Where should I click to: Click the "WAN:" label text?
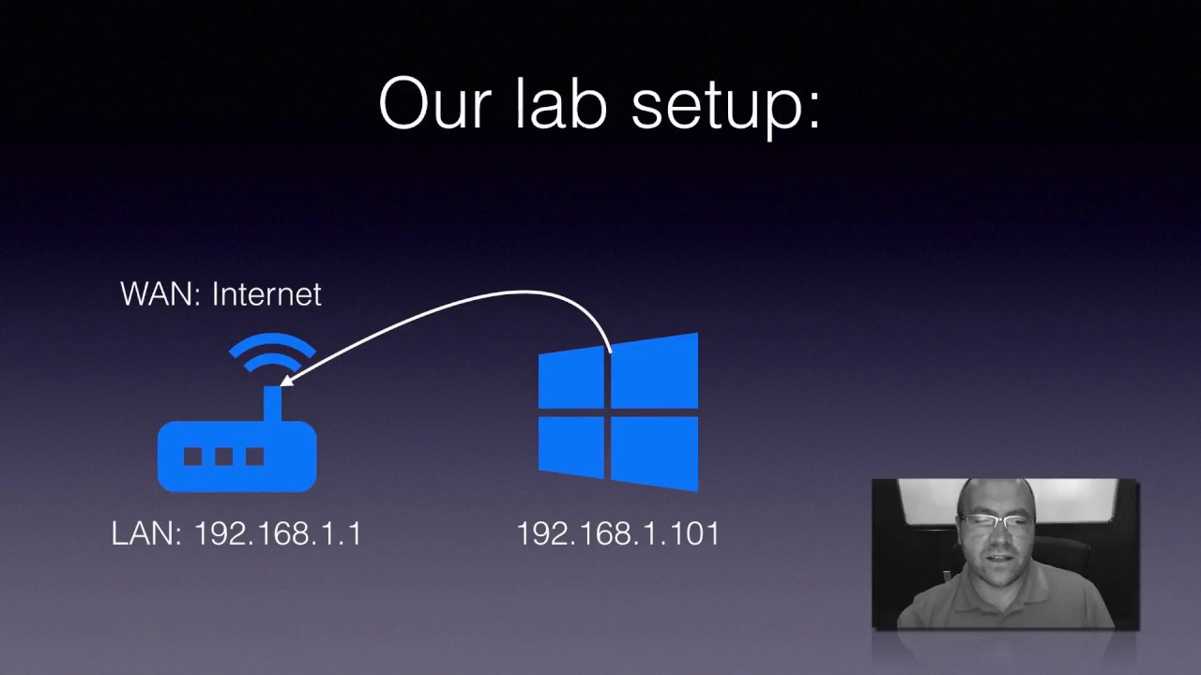click(x=160, y=294)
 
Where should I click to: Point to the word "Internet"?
click(x=266, y=294)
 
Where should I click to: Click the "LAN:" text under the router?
click(x=146, y=534)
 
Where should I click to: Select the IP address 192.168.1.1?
click(x=278, y=534)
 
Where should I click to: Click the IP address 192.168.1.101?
click(x=618, y=534)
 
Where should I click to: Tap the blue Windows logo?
click(x=618, y=412)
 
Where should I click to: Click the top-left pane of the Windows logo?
click(x=571, y=377)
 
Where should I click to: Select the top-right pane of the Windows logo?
click(x=656, y=370)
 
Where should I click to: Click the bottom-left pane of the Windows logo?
click(x=571, y=446)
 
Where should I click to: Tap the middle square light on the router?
click(x=223, y=457)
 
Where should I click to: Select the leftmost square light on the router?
click(x=192, y=457)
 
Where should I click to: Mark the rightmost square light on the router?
click(x=254, y=457)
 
